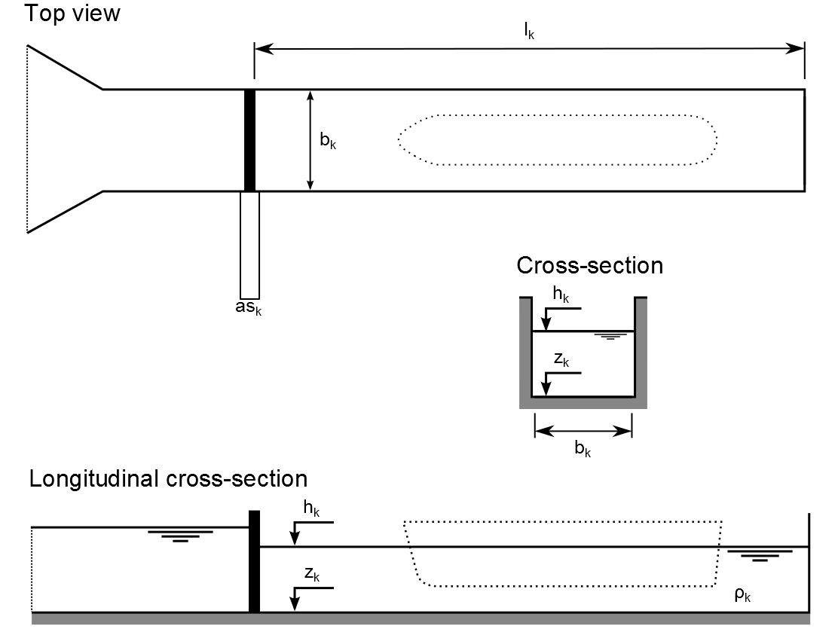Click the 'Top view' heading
[x=72, y=13]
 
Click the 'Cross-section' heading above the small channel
[x=589, y=265]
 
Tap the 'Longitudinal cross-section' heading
[x=168, y=479]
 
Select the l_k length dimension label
[x=529, y=32]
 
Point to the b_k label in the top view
[x=328, y=141]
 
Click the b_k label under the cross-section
[x=583, y=451]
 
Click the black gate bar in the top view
[x=249, y=140]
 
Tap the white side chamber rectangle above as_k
[x=249, y=245]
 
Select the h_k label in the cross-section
[x=560, y=295]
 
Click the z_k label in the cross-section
[x=561, y=360]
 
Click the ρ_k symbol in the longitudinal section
[x=743, y=594]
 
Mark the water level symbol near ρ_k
[x=760, y=556]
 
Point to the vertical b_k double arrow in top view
[x=310, y=140]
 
